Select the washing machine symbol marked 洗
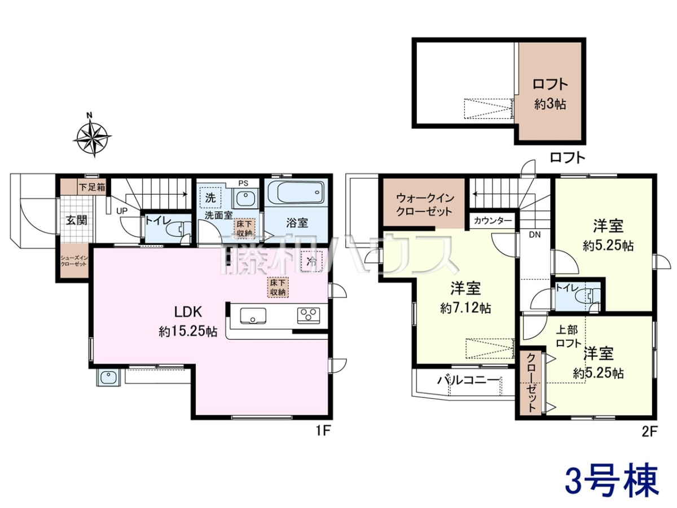tap(210, 198)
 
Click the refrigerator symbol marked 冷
tap(311, 261)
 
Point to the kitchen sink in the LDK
tap(253, 316)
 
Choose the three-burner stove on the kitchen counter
tap(309, 316)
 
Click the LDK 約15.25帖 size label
tap(188, 331)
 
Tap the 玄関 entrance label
tap(77, 220)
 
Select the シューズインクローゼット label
tap(74, 261)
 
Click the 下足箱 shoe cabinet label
tap(92, 187)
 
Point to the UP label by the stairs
tap(122, 211)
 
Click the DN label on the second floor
tap(534, 235)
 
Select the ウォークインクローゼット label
tap(425, 204)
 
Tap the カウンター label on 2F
tap(493, 221)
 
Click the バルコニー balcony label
tap(468, 380)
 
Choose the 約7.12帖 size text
tap(466, 308)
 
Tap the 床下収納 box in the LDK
tap(278, 287)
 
